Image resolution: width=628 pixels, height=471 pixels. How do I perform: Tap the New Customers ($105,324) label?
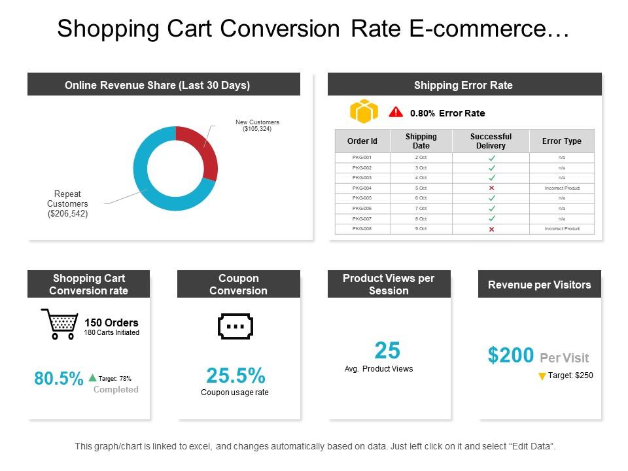coord(257,126)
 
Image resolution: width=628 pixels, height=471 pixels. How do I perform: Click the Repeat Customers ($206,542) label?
coord(67,204)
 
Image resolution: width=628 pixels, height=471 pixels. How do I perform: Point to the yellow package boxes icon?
coord(364,112)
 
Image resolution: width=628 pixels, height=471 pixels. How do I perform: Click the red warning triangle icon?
coord(396,112)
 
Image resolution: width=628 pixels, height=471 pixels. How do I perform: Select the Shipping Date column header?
coord(421,141)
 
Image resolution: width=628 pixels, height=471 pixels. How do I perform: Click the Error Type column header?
coord(561,141)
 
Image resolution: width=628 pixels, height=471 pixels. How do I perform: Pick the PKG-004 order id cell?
coord(362,188)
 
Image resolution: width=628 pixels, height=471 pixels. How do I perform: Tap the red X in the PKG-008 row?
coord(491,229)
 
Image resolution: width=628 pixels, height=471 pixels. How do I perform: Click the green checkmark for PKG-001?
coord(491,158)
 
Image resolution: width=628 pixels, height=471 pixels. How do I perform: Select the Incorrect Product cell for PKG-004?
coord(562,188)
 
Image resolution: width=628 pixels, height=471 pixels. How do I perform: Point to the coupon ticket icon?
coord(235,326)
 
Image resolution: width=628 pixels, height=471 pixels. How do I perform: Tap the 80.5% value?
coord(58,379)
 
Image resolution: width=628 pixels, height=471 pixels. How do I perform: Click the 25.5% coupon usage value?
coord(235,375)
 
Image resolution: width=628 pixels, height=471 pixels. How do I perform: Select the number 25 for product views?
coord(387,351)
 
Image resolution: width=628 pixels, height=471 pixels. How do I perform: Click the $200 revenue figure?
coord(511,355)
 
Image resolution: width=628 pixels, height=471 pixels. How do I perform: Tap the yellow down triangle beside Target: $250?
coord(542,376)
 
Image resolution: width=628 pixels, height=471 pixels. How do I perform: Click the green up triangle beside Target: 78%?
coord(92,377)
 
